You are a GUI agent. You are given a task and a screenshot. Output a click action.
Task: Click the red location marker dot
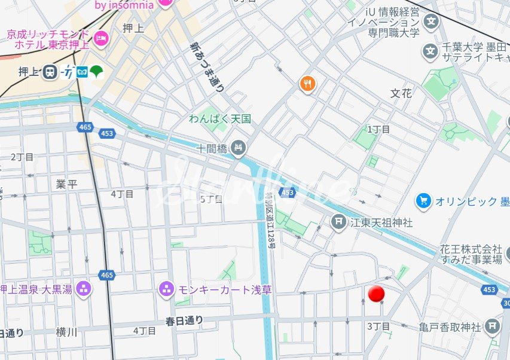(377, 294)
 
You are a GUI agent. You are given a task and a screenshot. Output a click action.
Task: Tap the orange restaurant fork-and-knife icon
(308, 84)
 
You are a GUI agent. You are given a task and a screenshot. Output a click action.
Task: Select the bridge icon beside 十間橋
(239, 147)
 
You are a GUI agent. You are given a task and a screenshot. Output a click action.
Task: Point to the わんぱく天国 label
(220, 119)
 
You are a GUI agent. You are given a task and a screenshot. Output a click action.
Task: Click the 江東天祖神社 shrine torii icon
(338, 222)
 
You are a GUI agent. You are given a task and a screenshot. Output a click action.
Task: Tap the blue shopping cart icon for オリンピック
(424, 201)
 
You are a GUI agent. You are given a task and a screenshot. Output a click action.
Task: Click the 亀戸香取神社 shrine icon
(493, 327)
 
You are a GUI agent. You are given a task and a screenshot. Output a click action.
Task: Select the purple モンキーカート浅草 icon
(166, 289)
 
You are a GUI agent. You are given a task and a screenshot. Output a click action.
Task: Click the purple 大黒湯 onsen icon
(84, 289)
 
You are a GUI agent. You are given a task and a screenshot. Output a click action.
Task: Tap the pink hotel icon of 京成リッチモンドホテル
(100, 36)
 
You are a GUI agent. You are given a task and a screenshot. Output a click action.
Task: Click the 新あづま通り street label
(207, 66)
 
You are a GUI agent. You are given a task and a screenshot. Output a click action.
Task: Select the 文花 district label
(401, 93)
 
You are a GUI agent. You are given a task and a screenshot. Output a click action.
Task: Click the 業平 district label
(66, 184)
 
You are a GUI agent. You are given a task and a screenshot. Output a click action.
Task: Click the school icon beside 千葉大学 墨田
(430, 51)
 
